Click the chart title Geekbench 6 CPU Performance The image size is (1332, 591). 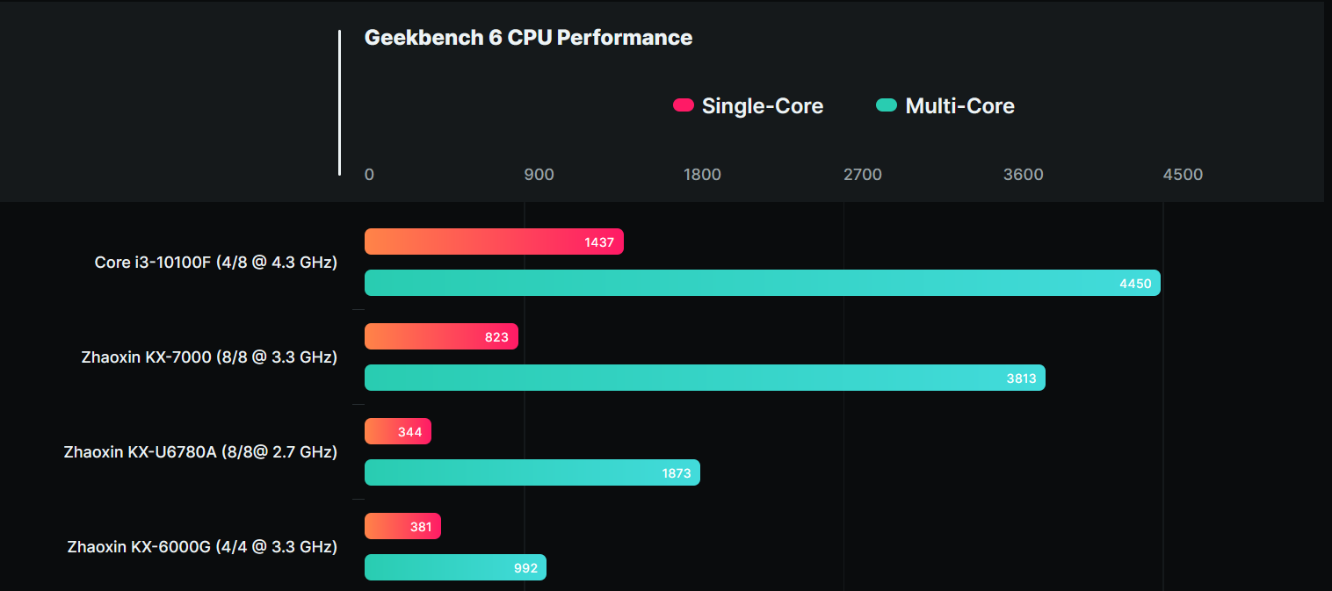pos(528,38)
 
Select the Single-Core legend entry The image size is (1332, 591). pos(749,106)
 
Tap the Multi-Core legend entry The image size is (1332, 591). pos(946,106)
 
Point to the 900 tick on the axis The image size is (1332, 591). pos(539,175)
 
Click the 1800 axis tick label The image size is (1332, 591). pos(702,175)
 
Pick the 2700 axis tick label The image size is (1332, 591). pos(862,175)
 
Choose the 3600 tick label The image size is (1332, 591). pos(1023,175)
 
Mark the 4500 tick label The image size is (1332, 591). pos(1183,175)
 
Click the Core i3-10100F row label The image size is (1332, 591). pos(216,263)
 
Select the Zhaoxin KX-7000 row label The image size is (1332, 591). pos(209,357)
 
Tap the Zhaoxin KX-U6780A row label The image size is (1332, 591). pos(200,452)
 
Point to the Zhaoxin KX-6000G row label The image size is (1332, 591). pos(202,547)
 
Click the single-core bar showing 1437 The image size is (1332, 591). pos(494,241)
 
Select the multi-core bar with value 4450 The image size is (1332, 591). pos(762,283)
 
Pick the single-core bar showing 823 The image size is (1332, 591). pos(441,336)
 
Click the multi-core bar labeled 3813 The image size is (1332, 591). pos(705,378)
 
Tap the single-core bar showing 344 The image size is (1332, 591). pos(398,431)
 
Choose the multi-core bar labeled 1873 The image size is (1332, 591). pos(532,472)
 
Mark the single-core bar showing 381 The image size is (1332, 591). pos(402,526)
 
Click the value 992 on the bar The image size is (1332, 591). pos(525,568)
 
